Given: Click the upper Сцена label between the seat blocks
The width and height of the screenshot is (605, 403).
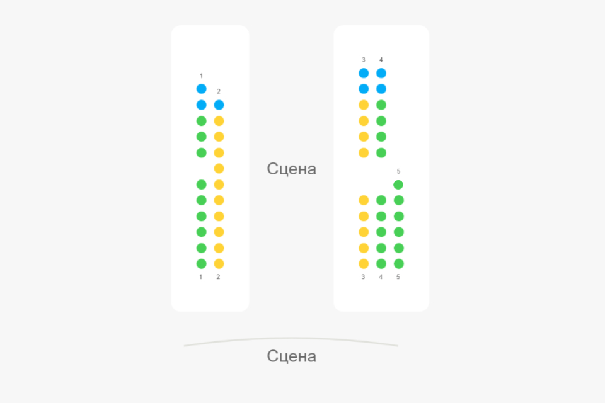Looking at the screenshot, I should point(291,169).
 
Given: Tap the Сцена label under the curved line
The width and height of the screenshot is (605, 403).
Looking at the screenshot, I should point(291,356).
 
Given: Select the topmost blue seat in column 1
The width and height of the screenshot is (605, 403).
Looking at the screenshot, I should point(201,89).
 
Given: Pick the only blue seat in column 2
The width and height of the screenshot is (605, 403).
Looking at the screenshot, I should point(219,105).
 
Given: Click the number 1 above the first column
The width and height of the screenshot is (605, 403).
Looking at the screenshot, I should point(201,76).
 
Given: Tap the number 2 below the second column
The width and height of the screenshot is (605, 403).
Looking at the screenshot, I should point(219,277).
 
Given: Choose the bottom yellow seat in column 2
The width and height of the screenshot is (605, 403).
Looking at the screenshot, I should point(219,264).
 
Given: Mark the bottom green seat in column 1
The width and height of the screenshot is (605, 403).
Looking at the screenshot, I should point(201,264).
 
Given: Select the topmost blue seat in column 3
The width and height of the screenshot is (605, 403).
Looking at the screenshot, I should point(364,73).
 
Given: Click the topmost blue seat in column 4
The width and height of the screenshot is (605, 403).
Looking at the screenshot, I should point(381,73).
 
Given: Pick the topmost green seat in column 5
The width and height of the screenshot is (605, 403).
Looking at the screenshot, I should point(398,184).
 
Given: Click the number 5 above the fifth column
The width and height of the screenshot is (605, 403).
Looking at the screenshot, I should point(398,171).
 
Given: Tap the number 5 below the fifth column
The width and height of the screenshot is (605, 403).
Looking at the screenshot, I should point(398,277).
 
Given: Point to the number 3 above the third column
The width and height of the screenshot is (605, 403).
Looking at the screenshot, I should point(364,60).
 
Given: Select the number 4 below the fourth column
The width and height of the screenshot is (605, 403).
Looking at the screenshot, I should point(381,277).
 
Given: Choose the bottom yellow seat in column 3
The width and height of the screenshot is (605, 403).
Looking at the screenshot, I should point(364,264).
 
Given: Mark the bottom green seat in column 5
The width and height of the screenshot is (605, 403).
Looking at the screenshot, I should point(398,264).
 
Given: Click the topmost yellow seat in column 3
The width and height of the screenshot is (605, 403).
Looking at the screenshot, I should point(364,105).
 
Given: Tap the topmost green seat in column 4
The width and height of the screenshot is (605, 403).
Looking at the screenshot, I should point(381,105).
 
